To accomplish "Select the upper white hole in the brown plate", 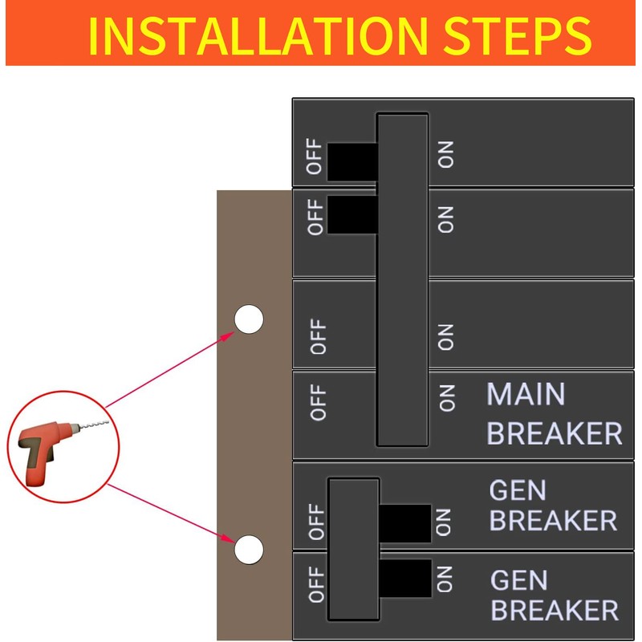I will pos(249,319).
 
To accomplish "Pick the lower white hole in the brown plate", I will pos(249,550).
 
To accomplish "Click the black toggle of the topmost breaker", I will pos(351,161).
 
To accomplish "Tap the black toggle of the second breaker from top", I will pos(351,215).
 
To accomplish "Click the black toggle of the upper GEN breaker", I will pos(405,523).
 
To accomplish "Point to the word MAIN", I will pos(526,395).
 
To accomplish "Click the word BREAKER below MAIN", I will pos(554,433).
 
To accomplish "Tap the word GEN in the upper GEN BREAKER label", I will pos(518,490).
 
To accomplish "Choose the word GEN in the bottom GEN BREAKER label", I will pos(518,580).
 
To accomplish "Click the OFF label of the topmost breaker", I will pos(315,157).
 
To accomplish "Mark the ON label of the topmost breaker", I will pos(446,155).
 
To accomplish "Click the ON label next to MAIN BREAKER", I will pos(447,397).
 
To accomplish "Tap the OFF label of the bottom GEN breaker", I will pos(317,583).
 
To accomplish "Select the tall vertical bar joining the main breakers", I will pos(402,279).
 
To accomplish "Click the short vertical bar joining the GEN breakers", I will pos(353,549).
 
